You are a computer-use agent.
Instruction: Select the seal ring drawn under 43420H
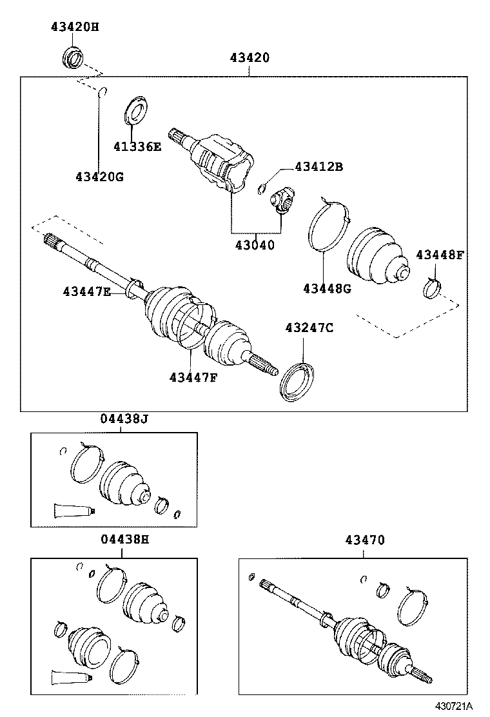click(72, 57)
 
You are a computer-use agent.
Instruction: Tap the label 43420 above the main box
click(250, 57)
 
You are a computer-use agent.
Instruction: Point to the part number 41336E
click(138, 146)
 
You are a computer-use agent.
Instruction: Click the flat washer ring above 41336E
click(134, 110)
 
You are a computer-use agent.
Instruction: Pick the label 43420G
click(99, 176)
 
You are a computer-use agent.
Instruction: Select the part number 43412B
click(318, 167)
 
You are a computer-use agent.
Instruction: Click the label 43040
click(254, 245)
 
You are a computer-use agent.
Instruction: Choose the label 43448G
click(327, 288)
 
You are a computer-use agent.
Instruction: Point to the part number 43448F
click(439, 255)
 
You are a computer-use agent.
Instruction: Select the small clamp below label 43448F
click(431, 288)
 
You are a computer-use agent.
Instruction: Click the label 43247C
click(309, 328)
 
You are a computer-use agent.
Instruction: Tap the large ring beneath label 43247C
click(297, 382)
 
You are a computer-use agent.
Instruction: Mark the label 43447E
click(87, 292)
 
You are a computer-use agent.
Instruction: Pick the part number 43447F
click(193, 377)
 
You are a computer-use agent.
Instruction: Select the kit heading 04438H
click(124, 540)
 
